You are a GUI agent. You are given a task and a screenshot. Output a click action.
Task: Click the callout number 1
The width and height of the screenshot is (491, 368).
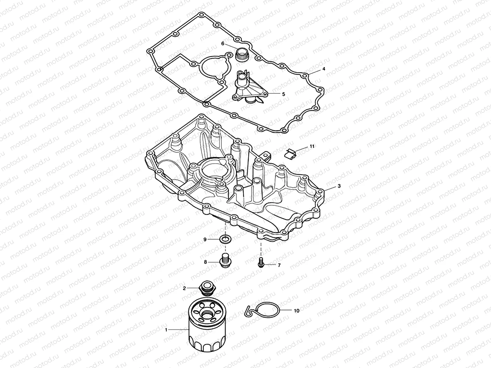166,330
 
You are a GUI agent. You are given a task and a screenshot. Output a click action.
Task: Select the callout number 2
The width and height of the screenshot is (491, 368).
185,288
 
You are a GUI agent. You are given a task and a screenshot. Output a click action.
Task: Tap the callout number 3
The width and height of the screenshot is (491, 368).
339,186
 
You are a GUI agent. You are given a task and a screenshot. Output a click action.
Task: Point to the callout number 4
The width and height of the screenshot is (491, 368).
323,69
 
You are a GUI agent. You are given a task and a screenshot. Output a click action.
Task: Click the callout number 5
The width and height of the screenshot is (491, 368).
284,94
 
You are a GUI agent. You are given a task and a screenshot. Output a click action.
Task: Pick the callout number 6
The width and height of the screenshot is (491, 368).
223,44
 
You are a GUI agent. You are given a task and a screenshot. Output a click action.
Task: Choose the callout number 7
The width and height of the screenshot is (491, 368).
279,265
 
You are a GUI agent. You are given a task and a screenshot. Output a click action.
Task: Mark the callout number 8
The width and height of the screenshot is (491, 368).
205,262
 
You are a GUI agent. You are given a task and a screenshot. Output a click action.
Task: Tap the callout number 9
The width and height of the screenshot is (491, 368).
205,239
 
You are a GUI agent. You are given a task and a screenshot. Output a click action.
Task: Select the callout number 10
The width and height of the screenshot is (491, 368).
296,310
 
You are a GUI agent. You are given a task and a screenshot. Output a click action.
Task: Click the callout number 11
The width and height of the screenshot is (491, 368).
312,147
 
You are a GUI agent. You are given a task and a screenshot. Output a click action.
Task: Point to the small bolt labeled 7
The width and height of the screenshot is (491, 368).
261,263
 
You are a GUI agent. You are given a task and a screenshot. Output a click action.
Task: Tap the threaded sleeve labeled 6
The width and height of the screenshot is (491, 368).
242,55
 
